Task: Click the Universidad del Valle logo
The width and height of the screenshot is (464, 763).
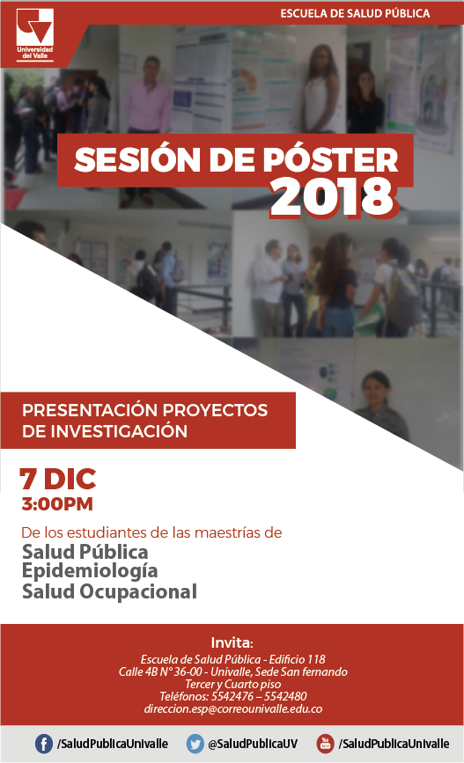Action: point(34,33)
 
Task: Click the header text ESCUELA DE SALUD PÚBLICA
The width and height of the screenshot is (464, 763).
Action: point(355,13)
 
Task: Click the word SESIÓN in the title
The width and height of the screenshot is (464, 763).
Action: point(137,159)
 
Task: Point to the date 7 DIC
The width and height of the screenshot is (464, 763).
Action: point(58,479)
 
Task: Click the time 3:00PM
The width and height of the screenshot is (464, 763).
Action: point(57,504)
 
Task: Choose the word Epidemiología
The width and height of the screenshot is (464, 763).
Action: point(90,571)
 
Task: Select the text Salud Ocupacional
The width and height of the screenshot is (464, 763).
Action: point(109,591)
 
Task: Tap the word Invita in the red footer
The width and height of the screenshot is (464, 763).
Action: point(232,642)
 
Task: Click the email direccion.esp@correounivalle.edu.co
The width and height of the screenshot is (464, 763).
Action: point(233,708)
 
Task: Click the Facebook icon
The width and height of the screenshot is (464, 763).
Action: point(44,744)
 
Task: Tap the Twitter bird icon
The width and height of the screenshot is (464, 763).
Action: point(195,744)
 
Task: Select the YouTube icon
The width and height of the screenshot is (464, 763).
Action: point(325,744)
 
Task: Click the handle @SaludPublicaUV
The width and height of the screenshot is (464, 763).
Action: point(253,744)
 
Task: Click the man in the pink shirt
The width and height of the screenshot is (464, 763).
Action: point(146,96)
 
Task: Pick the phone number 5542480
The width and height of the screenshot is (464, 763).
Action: point(285,696)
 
